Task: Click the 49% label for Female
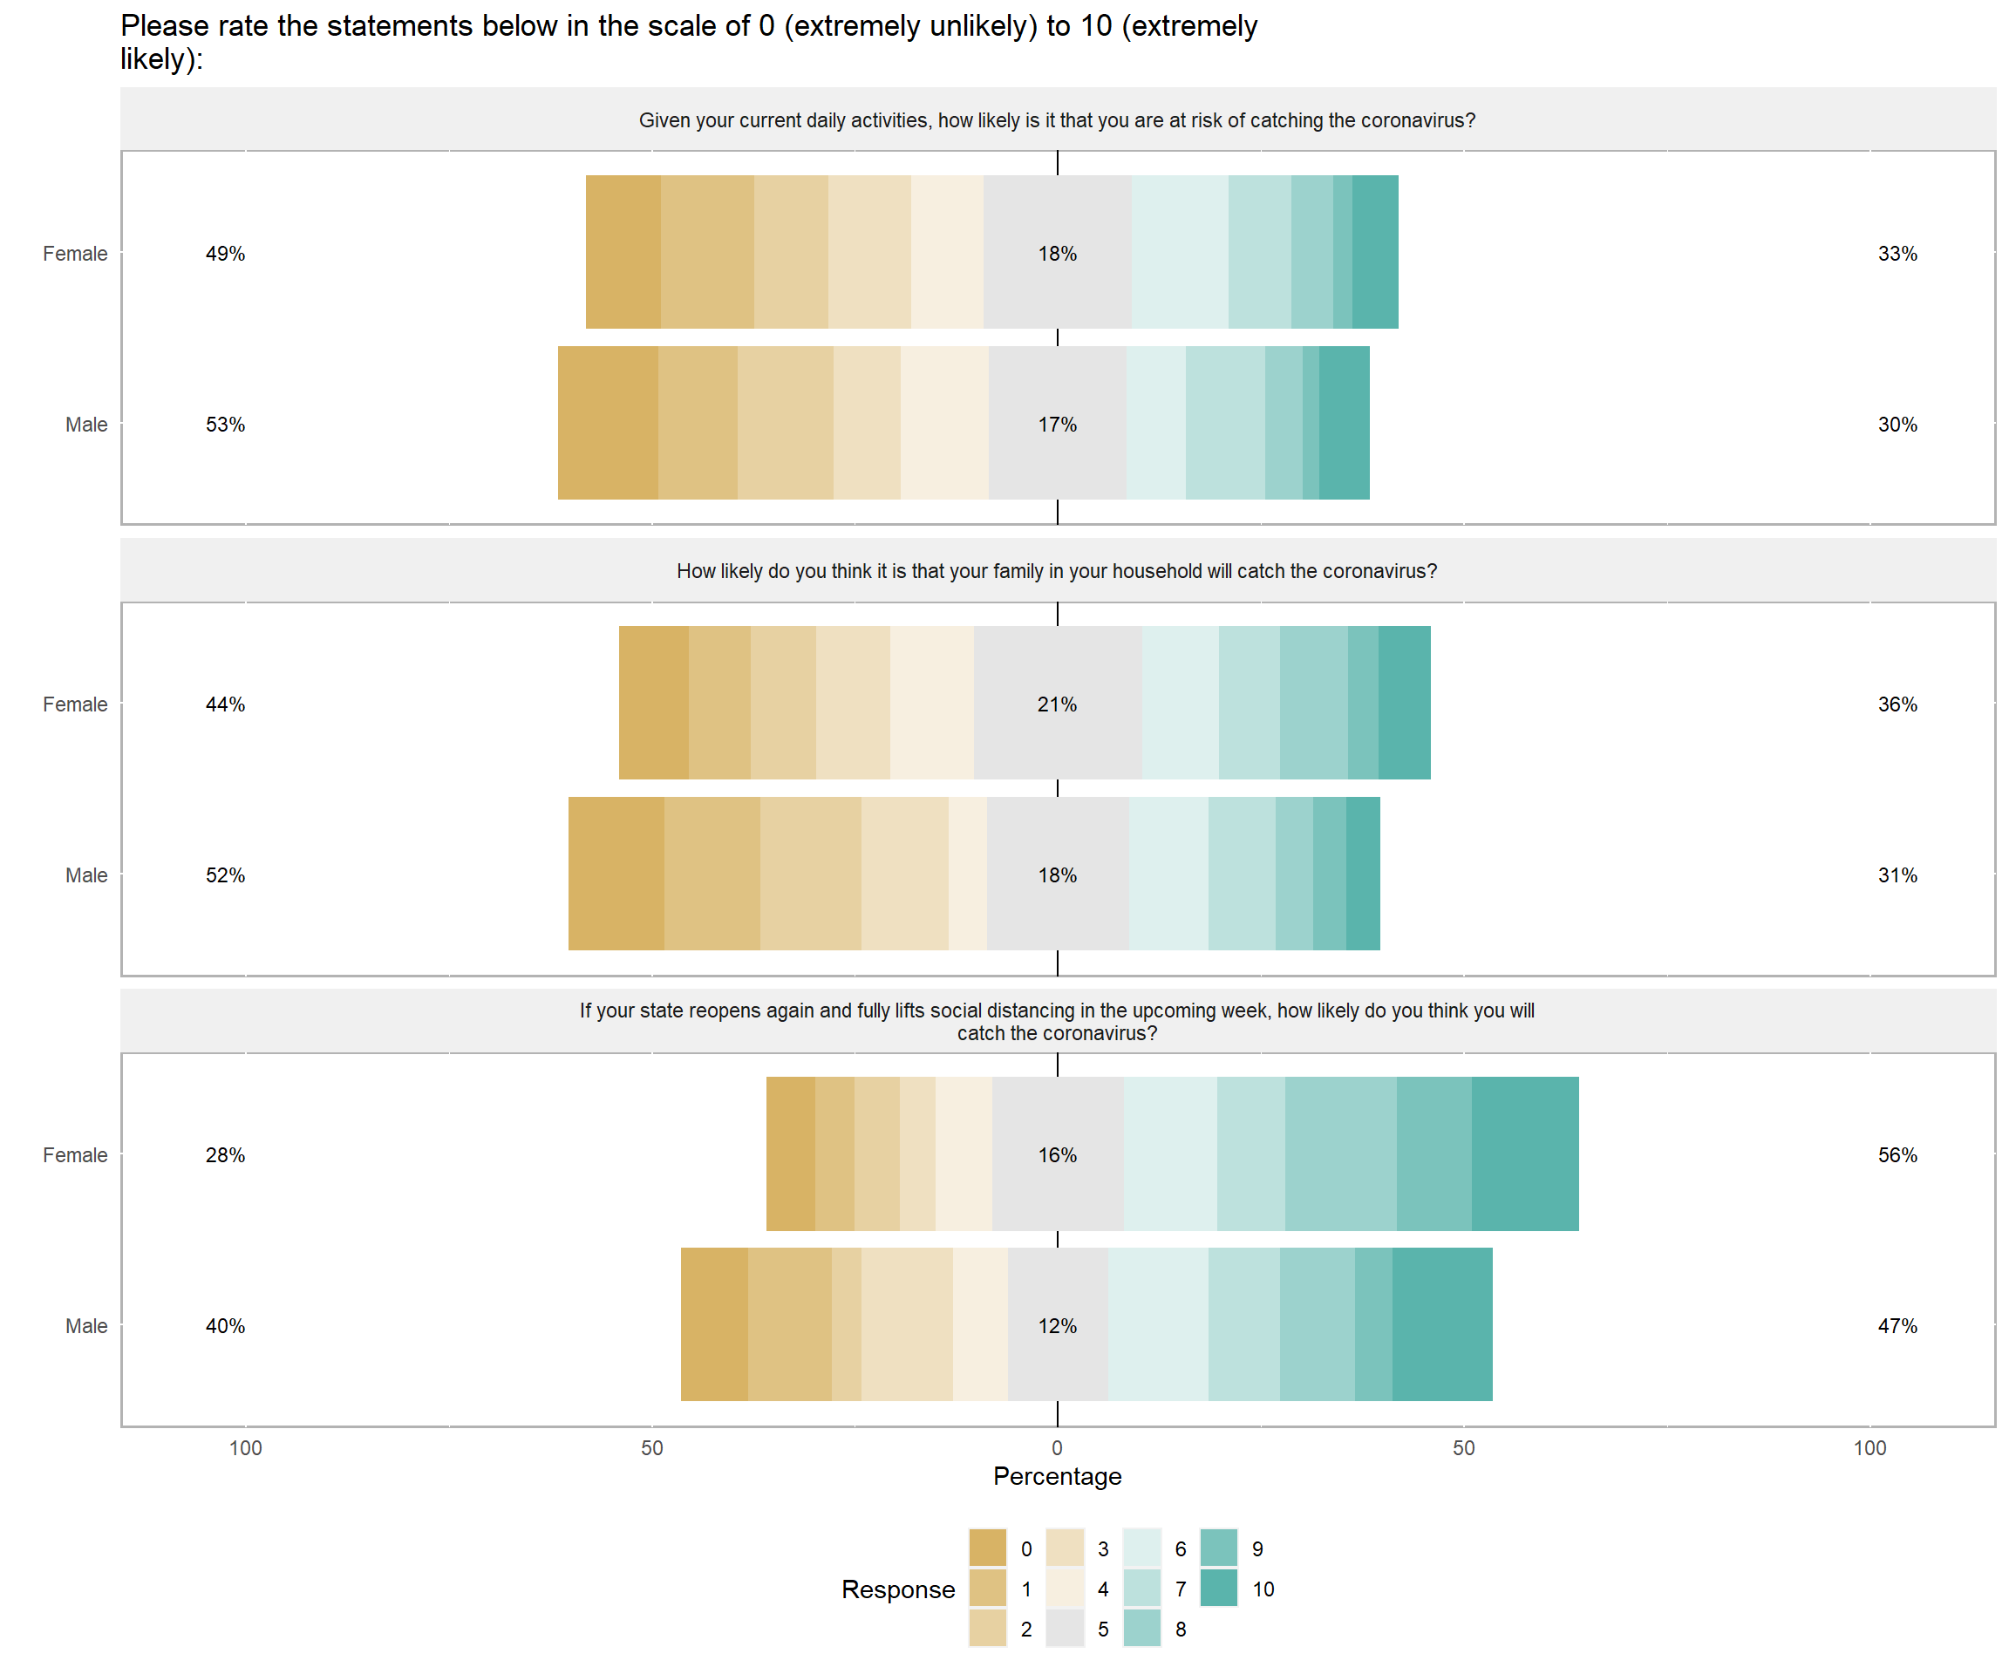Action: click(225, 254)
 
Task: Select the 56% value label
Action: click(1897, 1154)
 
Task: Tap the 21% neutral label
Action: click(1057, 704)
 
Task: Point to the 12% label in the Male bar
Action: click(1057, 1326)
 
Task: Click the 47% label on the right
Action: click(1897, 1326)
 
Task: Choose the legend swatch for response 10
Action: click(1218, 1588)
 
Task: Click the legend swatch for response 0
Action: click(987, 1548)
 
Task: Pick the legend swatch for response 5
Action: click(1065, 1628)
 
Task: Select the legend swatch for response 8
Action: click(1141, 1628)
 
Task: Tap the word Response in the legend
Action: click(897, 1589)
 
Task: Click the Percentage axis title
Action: click(1057, 1476)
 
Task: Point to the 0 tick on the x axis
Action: click(1057, 1447)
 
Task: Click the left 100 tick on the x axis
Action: click(245, 1447)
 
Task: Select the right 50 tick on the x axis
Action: click(1464, 1447)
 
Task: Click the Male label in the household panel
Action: click(86, 875)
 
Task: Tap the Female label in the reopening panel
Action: click(75, 1154)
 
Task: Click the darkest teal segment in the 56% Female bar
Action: click(1525, 1153)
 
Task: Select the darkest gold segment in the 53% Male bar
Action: click(608, 423)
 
